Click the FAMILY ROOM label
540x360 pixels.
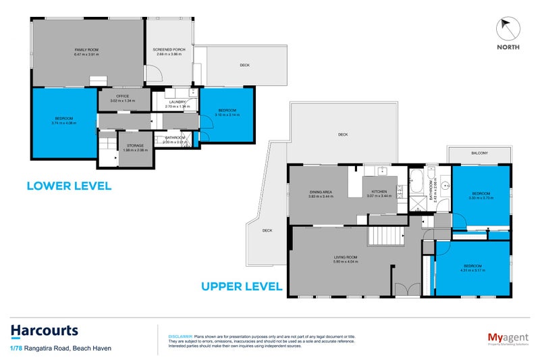click(x=87, y=49)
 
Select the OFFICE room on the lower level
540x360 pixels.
click(x=122, y=97)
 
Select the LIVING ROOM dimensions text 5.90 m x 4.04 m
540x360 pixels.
click(x=344, y=261)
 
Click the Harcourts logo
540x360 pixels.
click(x=45, y=331)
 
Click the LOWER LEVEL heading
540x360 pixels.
click(x=69, y=185)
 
